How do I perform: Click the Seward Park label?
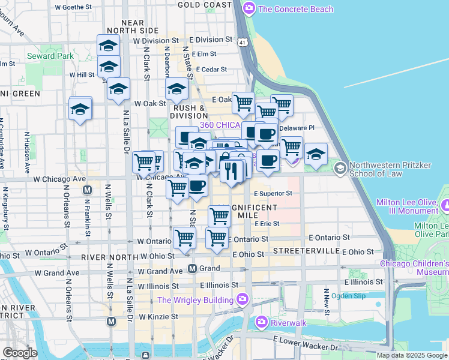[50, 56]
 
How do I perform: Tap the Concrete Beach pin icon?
[248, 8]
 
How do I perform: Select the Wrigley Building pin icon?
[242, 299]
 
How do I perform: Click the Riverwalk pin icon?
[261, 322]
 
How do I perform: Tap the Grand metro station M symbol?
[193, 268]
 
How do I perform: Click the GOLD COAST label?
[205, 4]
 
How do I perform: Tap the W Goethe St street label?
[73, 8]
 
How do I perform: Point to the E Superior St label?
[273, 194]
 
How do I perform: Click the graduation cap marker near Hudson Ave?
[80, 109]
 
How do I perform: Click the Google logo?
[20, 353]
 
